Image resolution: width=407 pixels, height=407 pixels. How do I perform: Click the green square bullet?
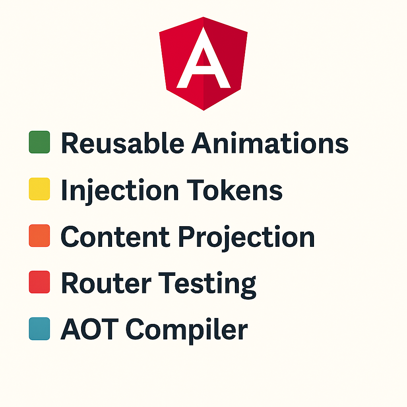(x=39, y=142)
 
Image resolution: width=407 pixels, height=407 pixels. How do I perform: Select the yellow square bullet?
(x=39, y=189)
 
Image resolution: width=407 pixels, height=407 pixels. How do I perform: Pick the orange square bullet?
(x=39, y=236)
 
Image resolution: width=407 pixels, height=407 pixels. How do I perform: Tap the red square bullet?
(x=39, y=282)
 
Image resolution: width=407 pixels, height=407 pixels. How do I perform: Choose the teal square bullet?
(x=39, y=329)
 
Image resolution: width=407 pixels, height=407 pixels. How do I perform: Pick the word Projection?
(x=246, y=238)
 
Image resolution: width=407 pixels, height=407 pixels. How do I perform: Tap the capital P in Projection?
(x=186, y=237)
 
